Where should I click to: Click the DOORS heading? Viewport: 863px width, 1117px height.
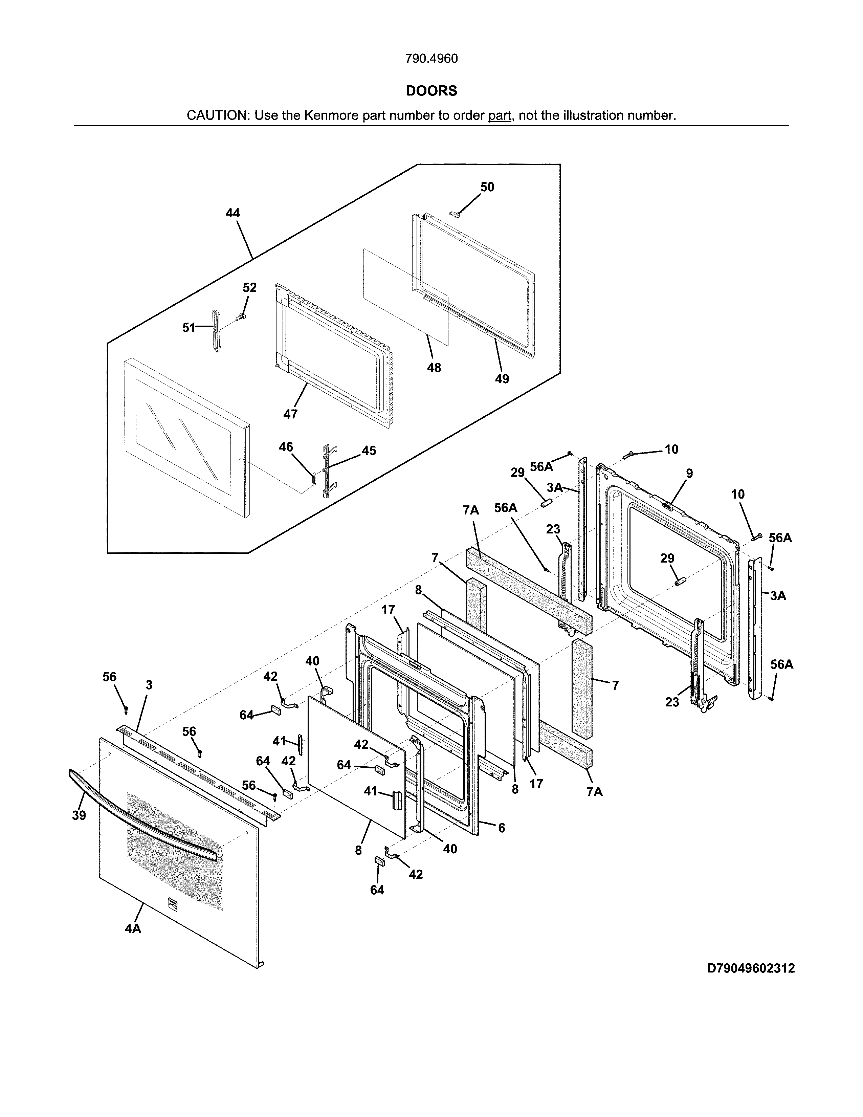[431, 91]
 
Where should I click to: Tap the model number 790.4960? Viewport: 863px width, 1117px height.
[431, 59]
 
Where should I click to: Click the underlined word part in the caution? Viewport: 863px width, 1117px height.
[500, 115]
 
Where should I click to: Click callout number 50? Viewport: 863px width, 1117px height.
[487, 187]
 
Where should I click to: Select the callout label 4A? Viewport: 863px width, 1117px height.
[133, 928]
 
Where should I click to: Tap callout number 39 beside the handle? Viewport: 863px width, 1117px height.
[79, 815]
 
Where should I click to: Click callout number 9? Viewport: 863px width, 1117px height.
[689, 474]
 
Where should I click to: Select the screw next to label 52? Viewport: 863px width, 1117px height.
[241, 318]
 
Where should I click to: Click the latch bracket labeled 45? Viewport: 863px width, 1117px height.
[325, 470]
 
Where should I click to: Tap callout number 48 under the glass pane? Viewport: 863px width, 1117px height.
[434, 368]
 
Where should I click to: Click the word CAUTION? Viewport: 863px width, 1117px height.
[217, 115]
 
